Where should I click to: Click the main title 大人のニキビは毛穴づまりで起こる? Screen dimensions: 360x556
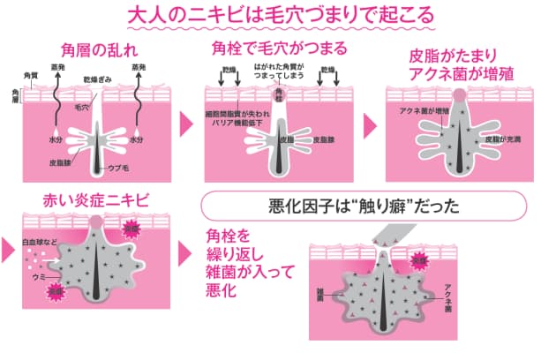click(x=279, y=15)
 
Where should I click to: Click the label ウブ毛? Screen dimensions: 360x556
click(x=117, y=169)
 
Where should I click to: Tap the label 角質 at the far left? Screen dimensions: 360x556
click(x=28, y=79)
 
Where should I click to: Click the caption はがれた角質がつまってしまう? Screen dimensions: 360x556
click(x=279, y=71)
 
